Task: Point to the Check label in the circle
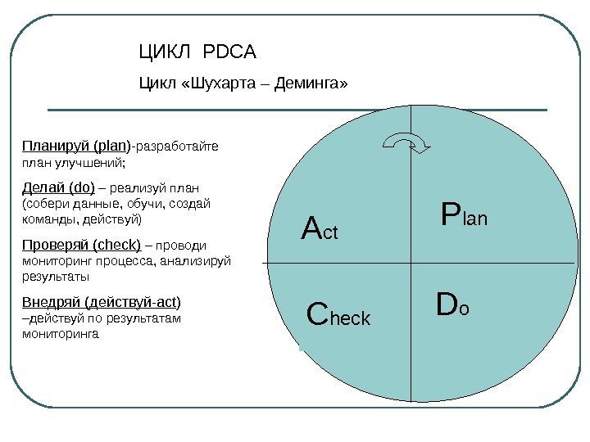pyautogui.click(x=338, y=315)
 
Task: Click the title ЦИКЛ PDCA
pyautogui.click(x=197, y=53)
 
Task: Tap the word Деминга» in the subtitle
pyautogui.click(x=311, y=83)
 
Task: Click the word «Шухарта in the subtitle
pyautogui.click(x=220, y=83)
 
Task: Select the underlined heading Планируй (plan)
pyautogui.click(x=75, y=147)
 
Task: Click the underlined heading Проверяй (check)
pyautogui.click(x=81, y=244)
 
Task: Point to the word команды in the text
pyautogui.click(x=48, y=219)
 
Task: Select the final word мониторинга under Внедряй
pyautogui.click(x=61, y=334)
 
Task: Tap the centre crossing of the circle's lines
pyautogui.click(x=409, y=262)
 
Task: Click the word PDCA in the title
pyautogui.click(x=229, y=53)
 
